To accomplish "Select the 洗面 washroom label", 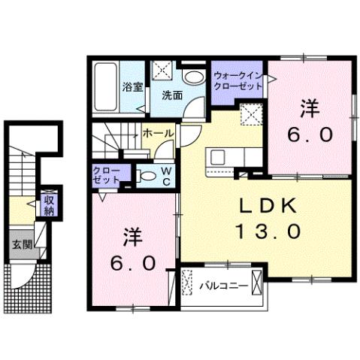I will coord(172,95).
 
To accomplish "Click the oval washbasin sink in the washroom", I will coord(193,77).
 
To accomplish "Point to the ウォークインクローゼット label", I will coord(237,80).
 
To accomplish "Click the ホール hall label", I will coord(158,133).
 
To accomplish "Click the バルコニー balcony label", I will coord(224,285).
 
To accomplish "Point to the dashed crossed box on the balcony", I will coord(188,284).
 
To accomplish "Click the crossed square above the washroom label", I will coord(162,70).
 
